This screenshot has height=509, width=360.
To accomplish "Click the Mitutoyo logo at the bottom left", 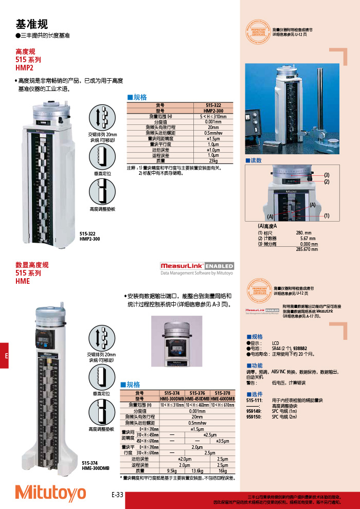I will [50, 492].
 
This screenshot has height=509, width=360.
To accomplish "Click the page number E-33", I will [118, 495].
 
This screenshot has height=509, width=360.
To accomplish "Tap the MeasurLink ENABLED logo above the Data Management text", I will [197, 266].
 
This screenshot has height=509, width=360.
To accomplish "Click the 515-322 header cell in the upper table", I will [213, 105].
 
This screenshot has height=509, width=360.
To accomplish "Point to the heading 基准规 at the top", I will [32, 24].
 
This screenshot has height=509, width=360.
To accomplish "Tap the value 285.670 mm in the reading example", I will [307, 249].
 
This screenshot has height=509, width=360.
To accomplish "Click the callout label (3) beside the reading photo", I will [327, 175].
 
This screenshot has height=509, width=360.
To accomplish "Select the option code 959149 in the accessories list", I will [254, 411].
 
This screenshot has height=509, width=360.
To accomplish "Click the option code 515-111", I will [254, 400].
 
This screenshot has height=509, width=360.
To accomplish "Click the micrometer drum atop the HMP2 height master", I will [50, 113].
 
